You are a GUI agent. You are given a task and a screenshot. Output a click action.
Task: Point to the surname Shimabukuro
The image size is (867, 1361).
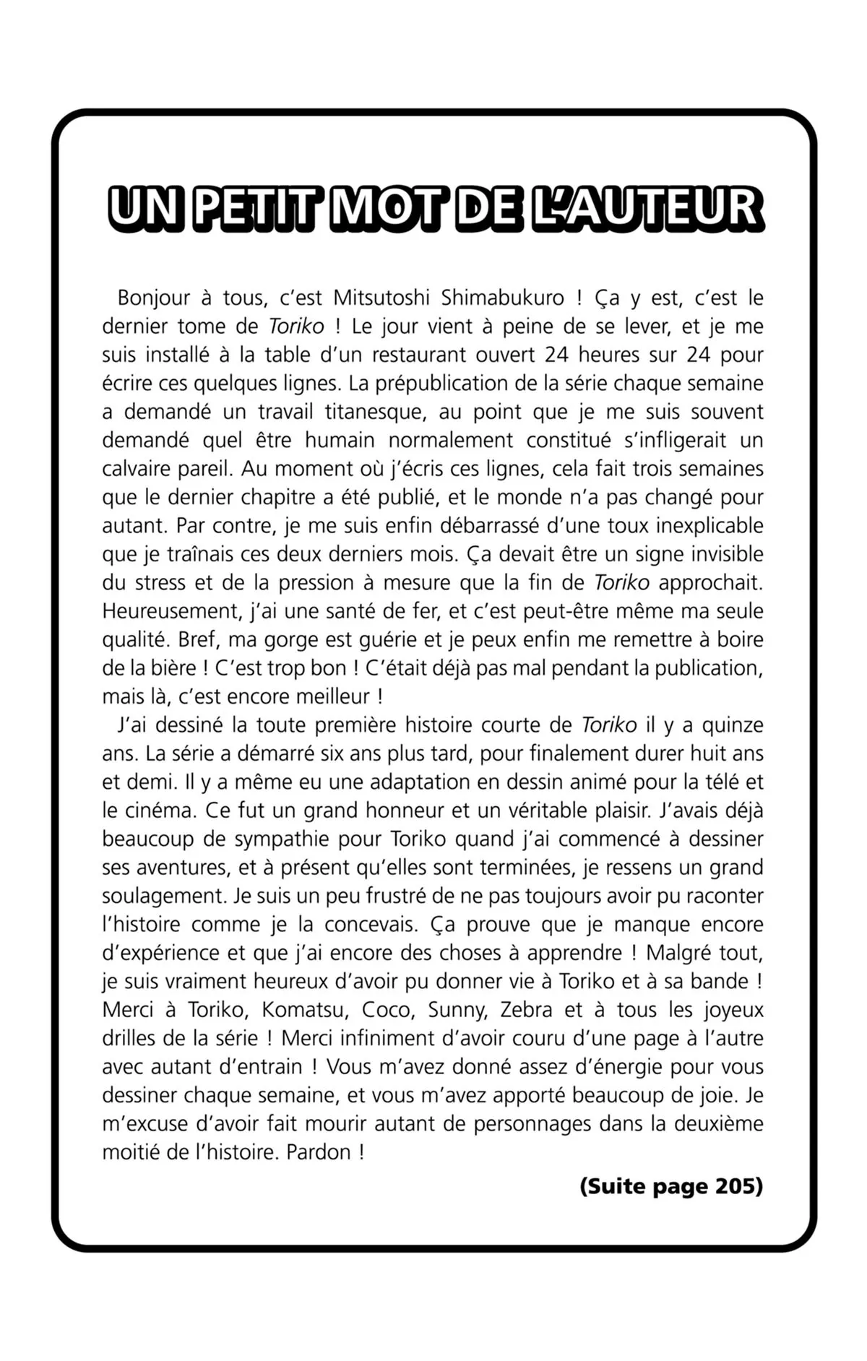(x=503, y=298)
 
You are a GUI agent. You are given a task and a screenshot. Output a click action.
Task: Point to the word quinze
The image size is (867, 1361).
(x=733, y=725)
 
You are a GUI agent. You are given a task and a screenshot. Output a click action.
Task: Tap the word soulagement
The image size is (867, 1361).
(x=164, y=896)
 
